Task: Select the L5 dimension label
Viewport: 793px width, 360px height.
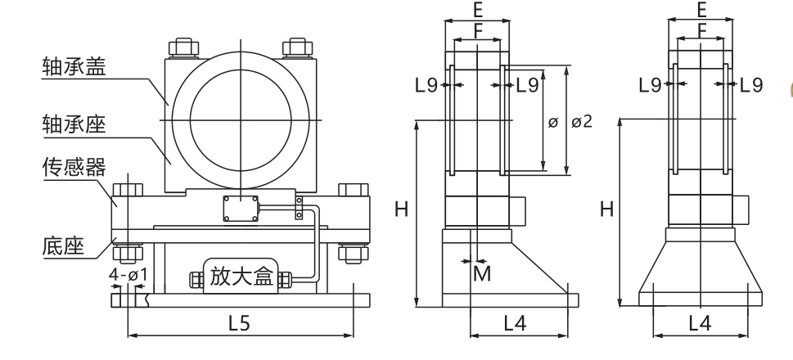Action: (x=238, y=322)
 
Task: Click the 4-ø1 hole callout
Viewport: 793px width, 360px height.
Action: (x=128, y=275)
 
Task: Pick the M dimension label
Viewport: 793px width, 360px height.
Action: (x=483, y=273)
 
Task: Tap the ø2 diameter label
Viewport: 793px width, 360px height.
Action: (x=582, y=122)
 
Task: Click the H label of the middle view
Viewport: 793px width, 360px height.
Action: (x=401, y=209)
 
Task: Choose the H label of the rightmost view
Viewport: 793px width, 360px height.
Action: (x=606, y=209)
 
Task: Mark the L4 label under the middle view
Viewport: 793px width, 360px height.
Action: (x=514, y=322)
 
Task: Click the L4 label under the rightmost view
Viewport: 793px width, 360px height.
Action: (x=699, y=322)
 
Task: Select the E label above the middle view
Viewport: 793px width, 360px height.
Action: (x=478, y=10)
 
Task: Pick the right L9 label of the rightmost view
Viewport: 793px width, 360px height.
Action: (x=751, y=83)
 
